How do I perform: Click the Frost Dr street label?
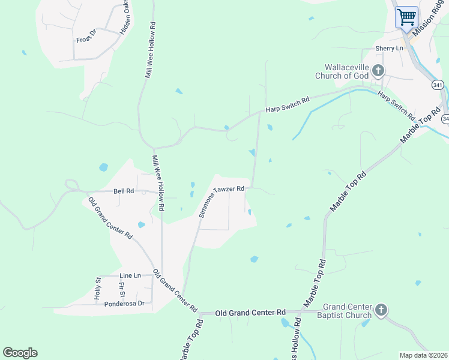coord(86,39)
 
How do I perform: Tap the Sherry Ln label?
coord(389,48)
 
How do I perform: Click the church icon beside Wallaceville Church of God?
coord(378,71)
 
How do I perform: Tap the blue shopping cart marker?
coord(406,17)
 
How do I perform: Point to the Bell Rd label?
coord(123,191)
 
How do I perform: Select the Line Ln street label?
coord(130,275)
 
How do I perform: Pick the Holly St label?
coord(97,289)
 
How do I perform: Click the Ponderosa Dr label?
coord(125,303)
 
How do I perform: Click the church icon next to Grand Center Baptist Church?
coord(381,310)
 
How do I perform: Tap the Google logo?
coord(20,353)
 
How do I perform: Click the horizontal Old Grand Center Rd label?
coord(250,313)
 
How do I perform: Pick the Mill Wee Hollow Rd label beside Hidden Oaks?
coord(150,51)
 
